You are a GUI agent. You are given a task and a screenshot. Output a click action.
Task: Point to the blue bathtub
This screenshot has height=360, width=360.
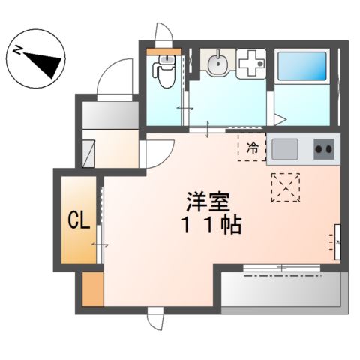click(303, 67)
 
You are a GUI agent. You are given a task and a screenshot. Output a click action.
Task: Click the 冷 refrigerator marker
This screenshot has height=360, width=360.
click(253, 146)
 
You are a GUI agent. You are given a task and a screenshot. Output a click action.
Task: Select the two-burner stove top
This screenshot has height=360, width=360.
click(324, 149)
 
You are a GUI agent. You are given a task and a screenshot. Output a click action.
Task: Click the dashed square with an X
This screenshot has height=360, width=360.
click(285, 187)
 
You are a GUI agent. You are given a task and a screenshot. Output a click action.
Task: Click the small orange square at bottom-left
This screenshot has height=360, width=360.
click(92, 289)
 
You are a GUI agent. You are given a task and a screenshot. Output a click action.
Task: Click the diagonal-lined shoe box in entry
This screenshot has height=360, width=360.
click(90, 152)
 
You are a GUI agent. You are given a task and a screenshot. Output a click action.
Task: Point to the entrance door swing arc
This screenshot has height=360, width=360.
click(105, 75)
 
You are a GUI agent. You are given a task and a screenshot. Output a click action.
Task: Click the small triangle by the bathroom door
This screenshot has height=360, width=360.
click(280, 118)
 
